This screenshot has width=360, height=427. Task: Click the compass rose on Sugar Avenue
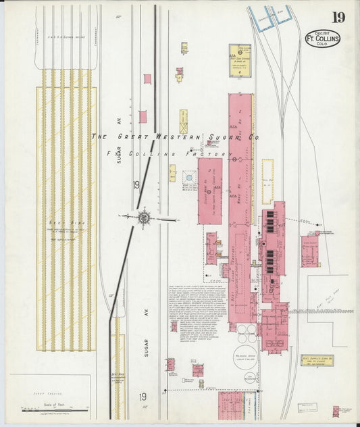click(x=144, y=217)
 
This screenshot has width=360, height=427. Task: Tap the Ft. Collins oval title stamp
click(x=323, y=38)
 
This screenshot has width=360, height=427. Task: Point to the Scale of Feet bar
click(x=54, y=409)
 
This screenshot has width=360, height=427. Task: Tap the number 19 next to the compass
click(x=136, y=184)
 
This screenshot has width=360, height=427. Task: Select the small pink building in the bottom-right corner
click(x=336, y=410)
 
